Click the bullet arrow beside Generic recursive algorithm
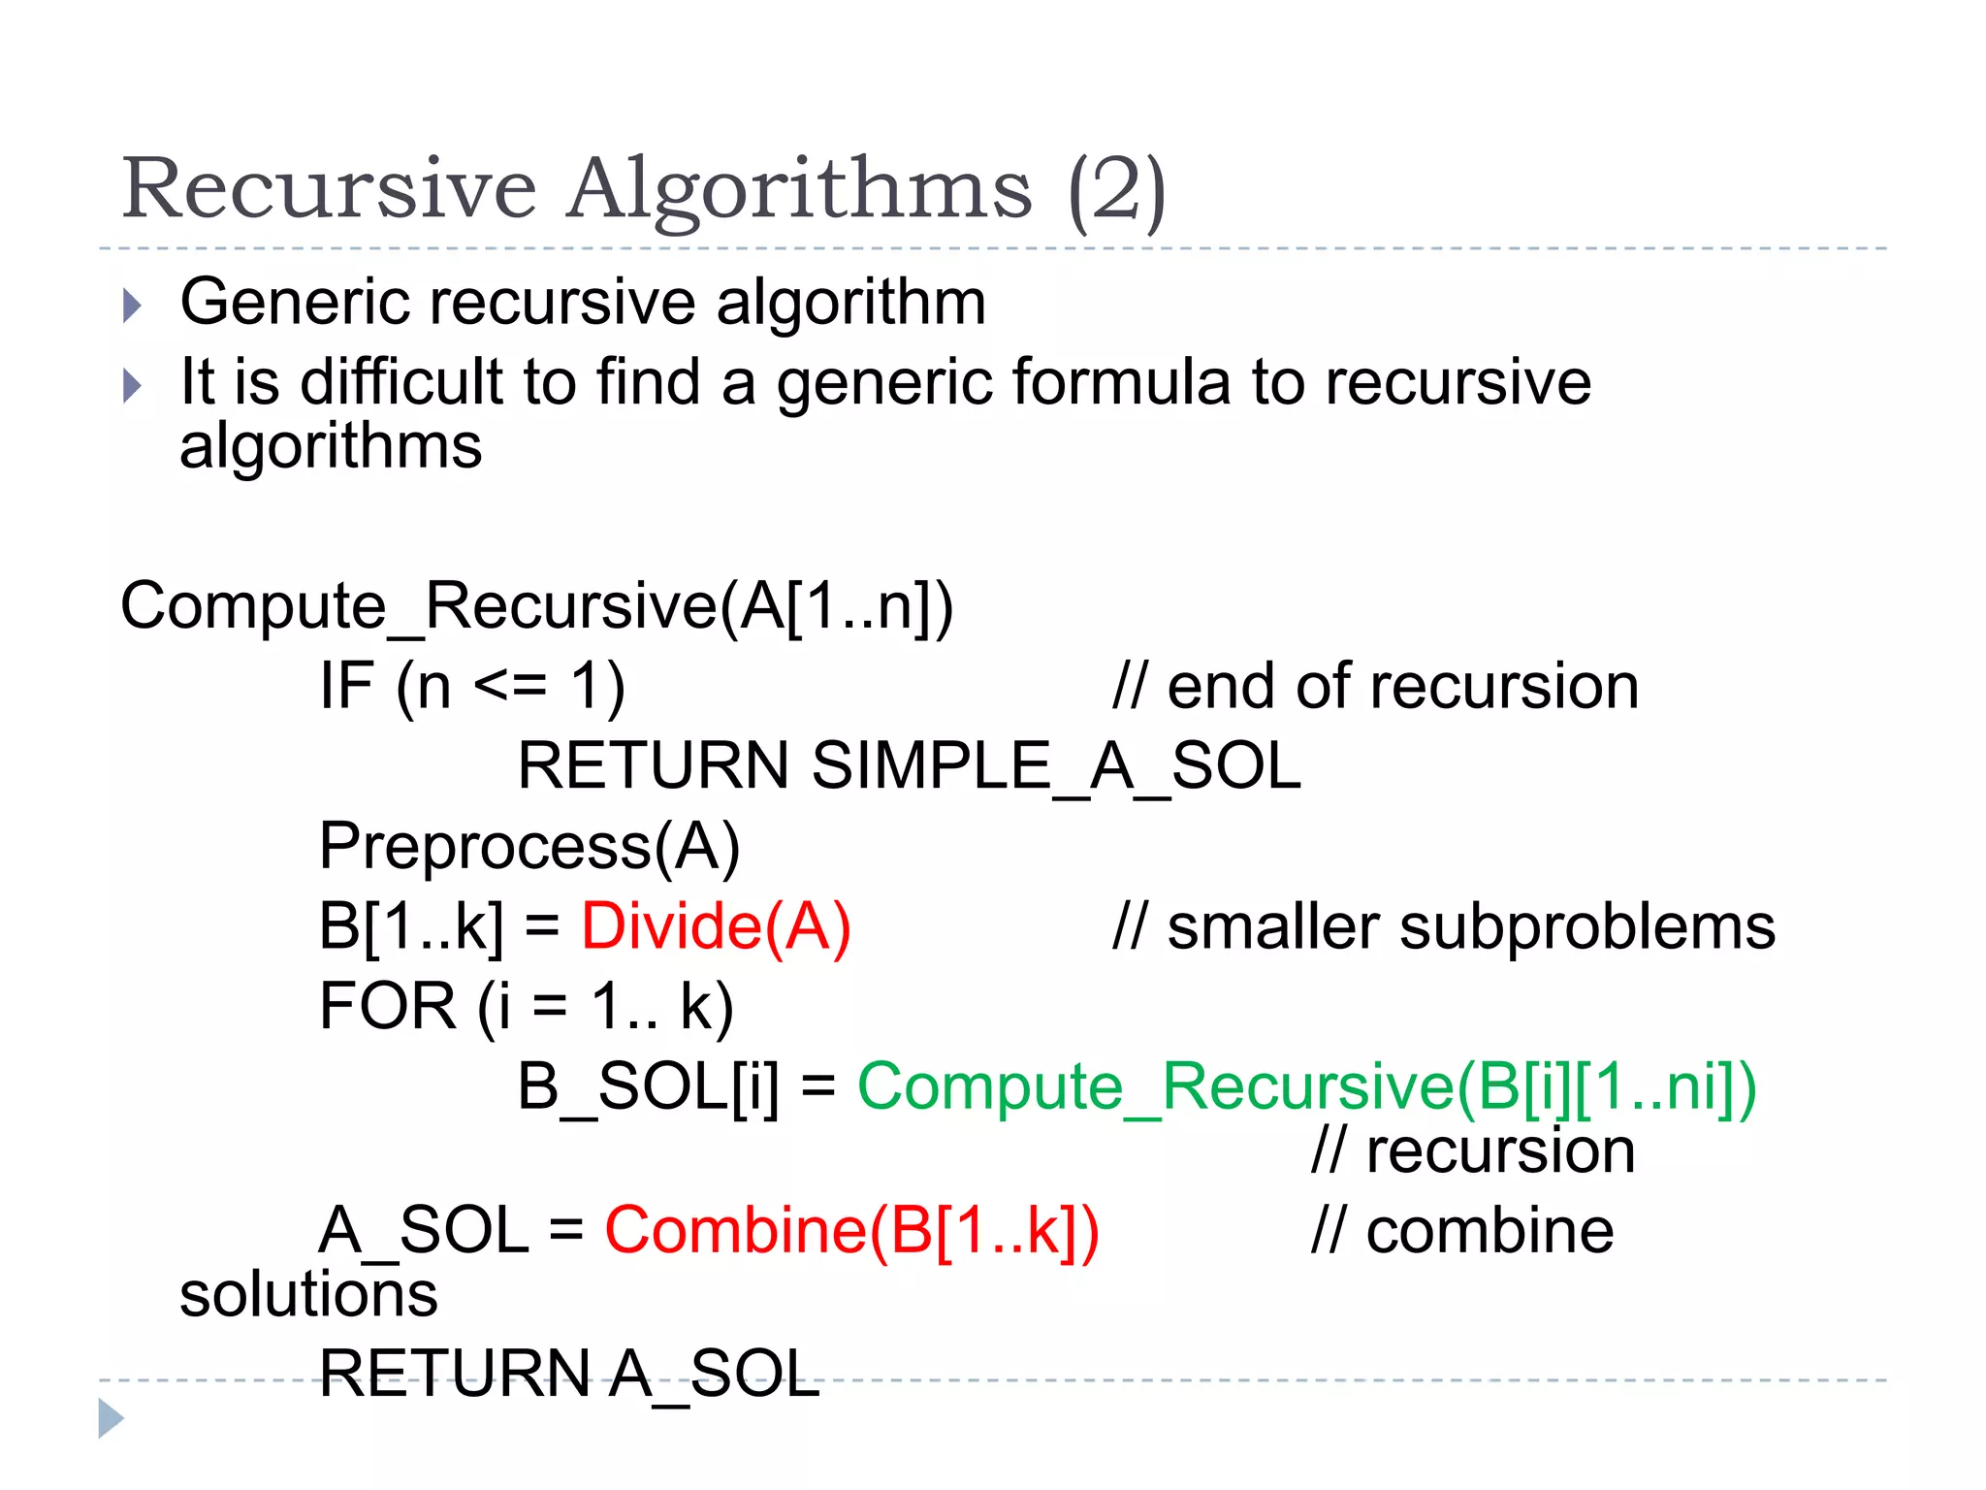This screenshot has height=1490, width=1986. (x=133, y=306)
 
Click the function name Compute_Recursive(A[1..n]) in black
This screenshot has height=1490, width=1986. (x=536, y=606)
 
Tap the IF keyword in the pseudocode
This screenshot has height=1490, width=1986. (x=346, y=686)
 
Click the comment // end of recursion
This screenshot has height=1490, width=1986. (x=1375, y=687)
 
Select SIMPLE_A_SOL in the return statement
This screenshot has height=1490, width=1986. (x=1055, y=765)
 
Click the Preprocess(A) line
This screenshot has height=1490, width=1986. (x=529, y=846)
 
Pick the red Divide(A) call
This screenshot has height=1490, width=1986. (x=716, y=925)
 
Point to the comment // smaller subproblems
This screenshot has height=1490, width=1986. (x=1444, y=926)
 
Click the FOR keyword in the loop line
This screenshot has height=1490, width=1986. (x=387, y=1006)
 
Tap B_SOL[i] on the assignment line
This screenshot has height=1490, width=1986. (x=648, y=1085)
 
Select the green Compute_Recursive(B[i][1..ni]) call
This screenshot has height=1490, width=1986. (x=1306, y=1085)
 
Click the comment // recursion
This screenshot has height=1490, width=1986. (x=1473, y=1151)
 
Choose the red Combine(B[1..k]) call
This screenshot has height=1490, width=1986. (x=851, y=1231)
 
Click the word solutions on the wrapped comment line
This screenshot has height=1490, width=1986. (x=308, y=1295)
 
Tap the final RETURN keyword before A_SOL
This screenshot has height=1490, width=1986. (x=454, y=1374)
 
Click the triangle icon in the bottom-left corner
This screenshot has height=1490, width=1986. (x=111, y=1418)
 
